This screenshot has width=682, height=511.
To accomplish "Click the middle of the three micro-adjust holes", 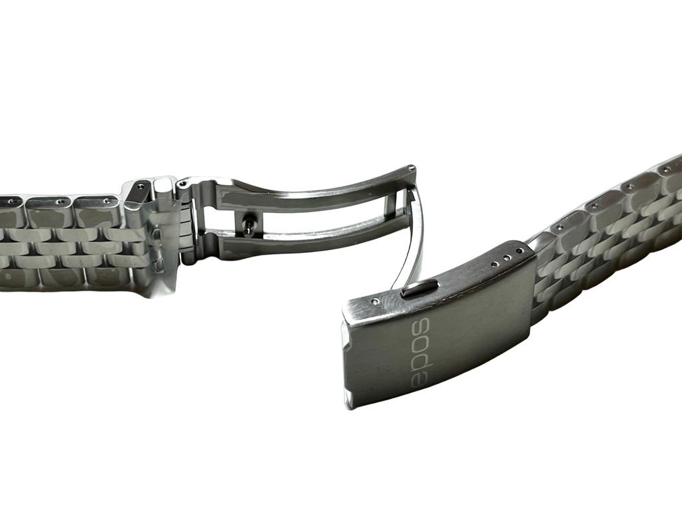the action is (506, 258).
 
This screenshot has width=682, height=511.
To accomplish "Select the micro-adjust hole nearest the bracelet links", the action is (518, 252).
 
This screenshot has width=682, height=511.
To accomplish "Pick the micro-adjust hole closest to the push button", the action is (494, 264).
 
